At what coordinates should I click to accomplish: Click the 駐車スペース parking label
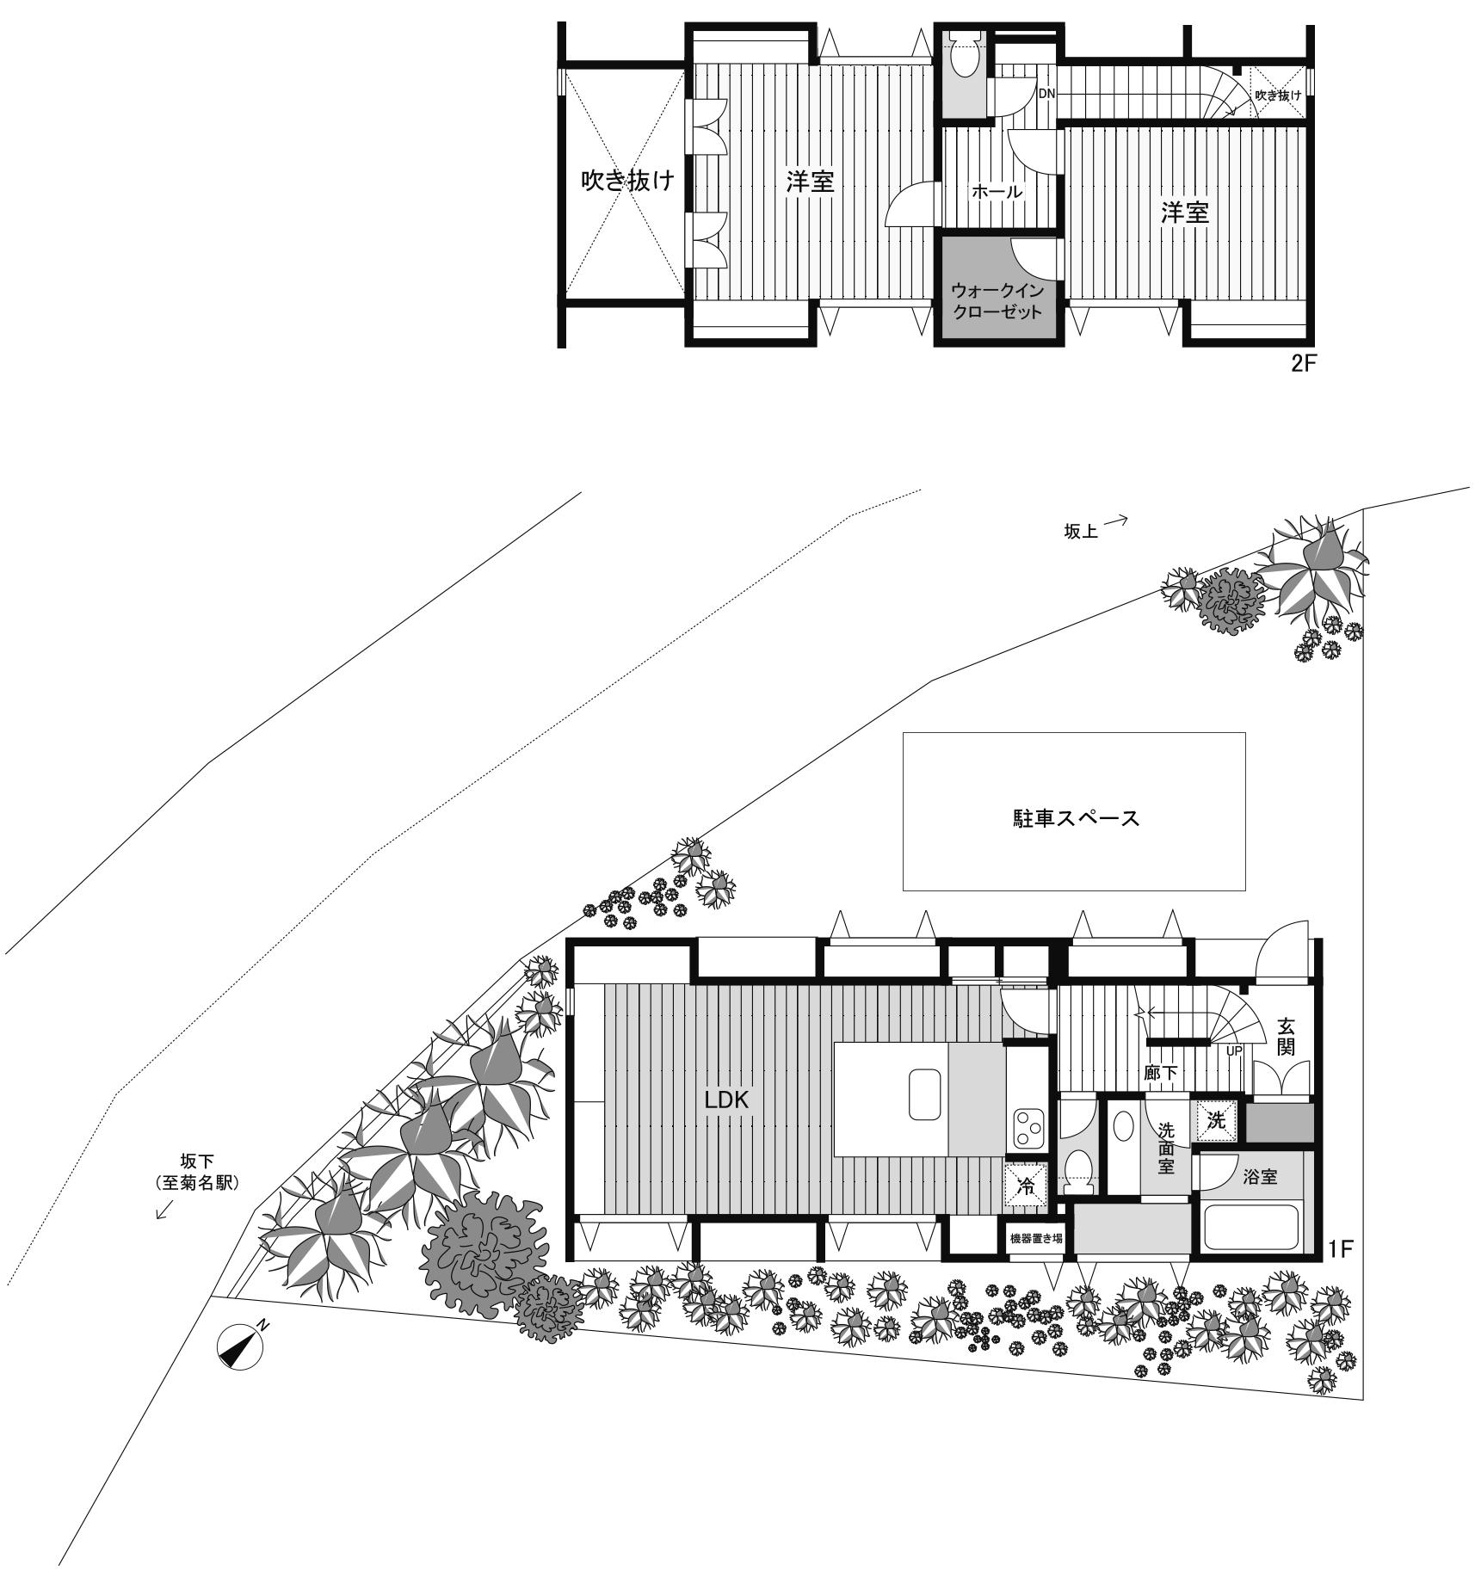[x=1076, y=817]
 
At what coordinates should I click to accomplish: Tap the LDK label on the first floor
[x=727, y=1100]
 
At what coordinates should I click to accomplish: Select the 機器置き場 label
[x=1035, y=1239]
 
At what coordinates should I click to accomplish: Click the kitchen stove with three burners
[x=1028, y=1129]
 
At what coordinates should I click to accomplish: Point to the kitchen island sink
[x=924, y=1094]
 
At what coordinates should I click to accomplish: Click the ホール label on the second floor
[x=997, y=191]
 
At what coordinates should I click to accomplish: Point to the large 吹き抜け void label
[x=627, y=181]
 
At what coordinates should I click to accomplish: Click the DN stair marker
[x=1046, y=94]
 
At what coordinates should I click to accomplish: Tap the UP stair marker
[x=1234, y=1050]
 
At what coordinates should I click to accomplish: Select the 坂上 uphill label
[x=1081, y=532]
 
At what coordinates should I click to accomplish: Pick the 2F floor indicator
[x=1304, y=363]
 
